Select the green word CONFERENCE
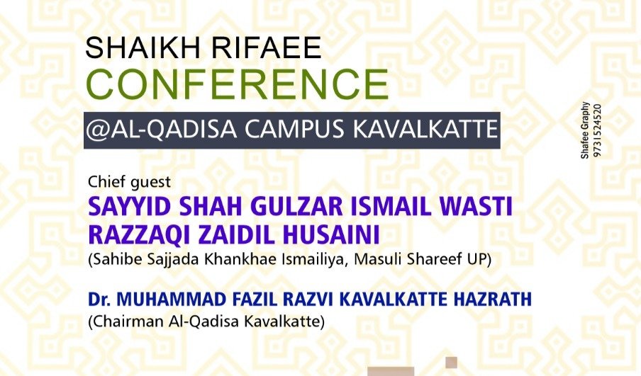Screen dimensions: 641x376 coord(238,84)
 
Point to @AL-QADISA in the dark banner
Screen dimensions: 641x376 coord(162,130)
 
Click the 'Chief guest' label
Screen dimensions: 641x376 coord(129,182)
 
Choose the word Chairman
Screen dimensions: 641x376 coord(126,321)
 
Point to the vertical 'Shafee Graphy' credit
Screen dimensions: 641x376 coord(585,130)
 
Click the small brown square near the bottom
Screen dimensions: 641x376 coord(451,362)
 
